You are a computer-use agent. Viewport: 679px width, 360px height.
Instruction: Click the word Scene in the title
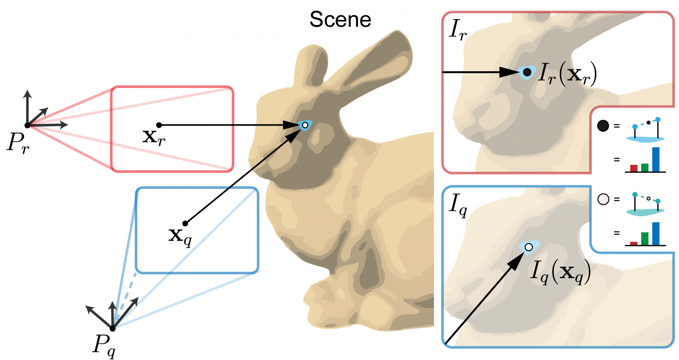pyautogui.click(x=340, y=19)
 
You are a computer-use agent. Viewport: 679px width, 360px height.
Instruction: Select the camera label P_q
pyautogui.click(x=104, y=346)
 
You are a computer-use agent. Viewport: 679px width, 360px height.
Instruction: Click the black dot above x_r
pyautogui.click(x=159, y=125)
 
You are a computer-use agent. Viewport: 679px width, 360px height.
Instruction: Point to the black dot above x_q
pyautogui.click(x=185, y=223)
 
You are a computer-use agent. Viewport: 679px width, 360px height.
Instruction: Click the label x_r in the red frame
pyautogui.click(x=154, y=138)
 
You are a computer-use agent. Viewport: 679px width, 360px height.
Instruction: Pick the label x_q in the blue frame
pyautogui.click(x=180, y=237)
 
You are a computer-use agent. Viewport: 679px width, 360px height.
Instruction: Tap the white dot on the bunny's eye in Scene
pyautogui.click(x=305, y=125)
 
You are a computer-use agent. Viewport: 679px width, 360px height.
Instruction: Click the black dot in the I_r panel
pyautogui.click(x=527, y=72)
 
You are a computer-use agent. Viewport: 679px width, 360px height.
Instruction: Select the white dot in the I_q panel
pyautogui.click(x=529, y=247)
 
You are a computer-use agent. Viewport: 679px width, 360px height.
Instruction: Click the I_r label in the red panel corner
pyautogui.click(x=458, y=31)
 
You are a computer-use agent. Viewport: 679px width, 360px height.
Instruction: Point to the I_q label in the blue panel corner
pyautogui.click(x=458, y=206)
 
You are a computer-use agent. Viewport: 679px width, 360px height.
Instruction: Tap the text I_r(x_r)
pyautogui.click(x=567, y=74)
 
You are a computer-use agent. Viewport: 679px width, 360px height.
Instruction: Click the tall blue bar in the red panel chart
pyautogui.click(x=656, y=160)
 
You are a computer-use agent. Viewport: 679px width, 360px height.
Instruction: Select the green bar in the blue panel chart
pyautogui.click(x=645, y=239)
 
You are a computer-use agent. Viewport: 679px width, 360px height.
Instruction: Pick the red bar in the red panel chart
pyautogui.click(x=633, y=169)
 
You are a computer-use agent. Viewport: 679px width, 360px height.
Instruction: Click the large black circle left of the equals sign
pyautogui.click(x=603, y=126)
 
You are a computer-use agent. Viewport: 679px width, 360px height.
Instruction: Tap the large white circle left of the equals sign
pyautogui.click(x=603, y=199)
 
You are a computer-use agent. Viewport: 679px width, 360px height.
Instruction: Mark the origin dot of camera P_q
pyautogui.click(x=112, y=329)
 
